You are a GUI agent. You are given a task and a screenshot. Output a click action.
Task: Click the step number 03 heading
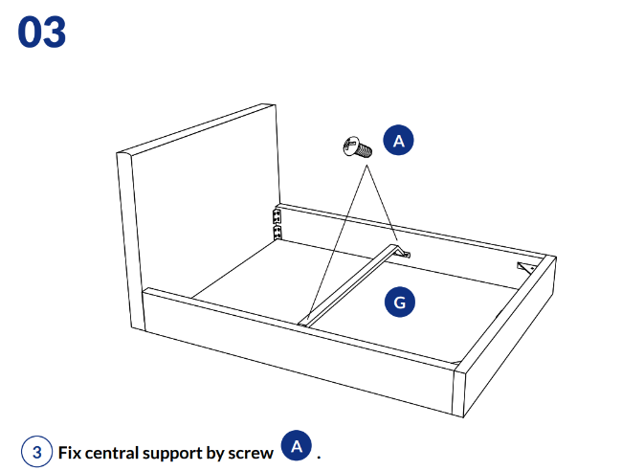pos(42,32)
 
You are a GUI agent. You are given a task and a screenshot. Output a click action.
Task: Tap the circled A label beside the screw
pos(399,141)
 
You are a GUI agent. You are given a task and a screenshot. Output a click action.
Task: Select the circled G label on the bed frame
pos(399,303)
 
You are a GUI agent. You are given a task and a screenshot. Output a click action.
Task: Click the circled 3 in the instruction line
pos(36,452)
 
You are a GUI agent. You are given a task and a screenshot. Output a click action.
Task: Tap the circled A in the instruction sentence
pos(298,446)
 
